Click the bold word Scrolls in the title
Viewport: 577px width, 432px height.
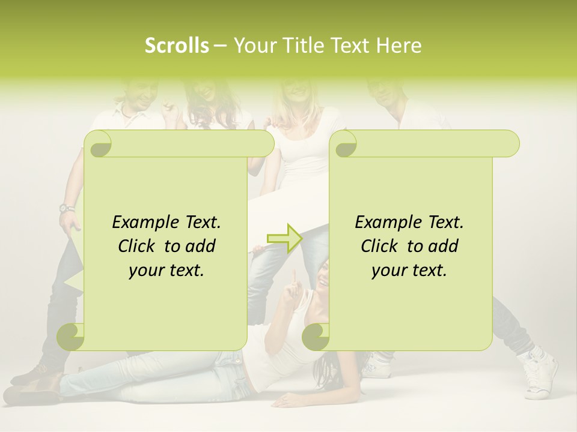click(177, 46)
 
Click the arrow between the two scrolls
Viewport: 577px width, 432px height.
click(285, 238)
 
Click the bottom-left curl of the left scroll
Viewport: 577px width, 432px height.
click(71, 337)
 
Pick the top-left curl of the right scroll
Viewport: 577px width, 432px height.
click(344, 144)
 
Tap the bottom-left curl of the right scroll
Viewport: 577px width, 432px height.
click(316, 337)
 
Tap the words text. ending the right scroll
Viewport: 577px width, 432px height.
click(430, 270)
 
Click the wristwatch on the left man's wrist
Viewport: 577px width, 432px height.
click(67, 209)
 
